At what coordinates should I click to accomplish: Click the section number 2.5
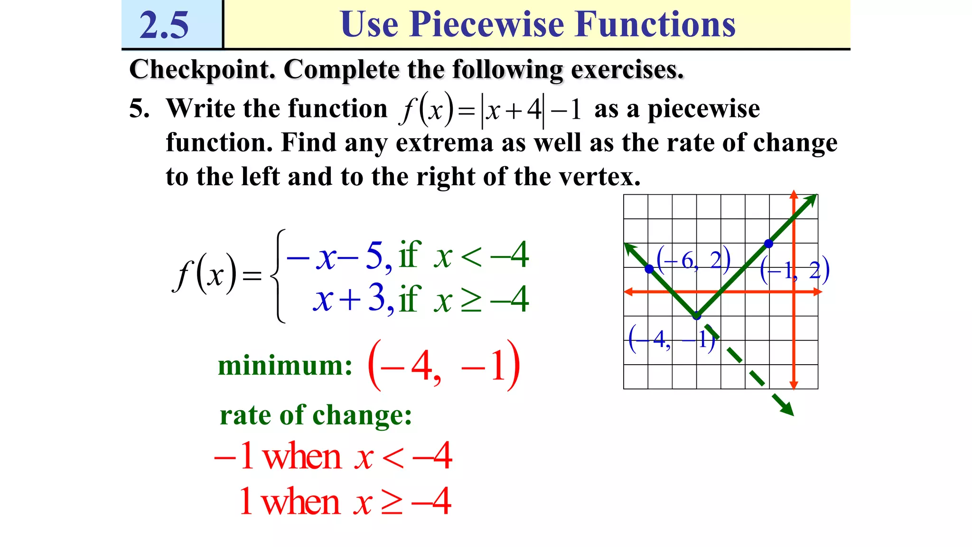click(164, 25)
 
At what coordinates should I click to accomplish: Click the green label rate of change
click(316, 415)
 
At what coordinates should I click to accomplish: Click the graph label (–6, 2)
click(693, 260)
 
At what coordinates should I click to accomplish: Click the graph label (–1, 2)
click(794, 270)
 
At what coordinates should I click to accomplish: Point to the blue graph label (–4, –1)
click(672, 339)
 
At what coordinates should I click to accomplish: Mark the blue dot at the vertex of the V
click(696, 316)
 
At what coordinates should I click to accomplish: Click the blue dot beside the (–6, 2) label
click(649, 269)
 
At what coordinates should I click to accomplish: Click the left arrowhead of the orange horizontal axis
click(628, 292)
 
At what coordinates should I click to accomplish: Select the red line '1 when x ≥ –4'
click(345, 501)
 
